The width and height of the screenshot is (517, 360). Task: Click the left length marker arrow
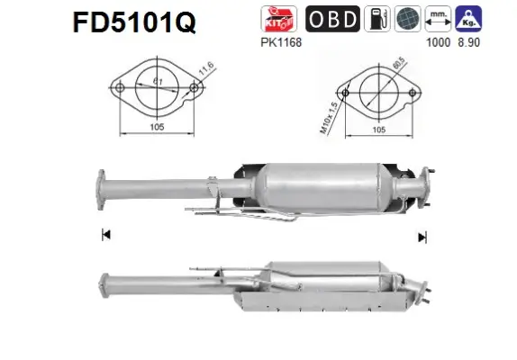coord(105,236)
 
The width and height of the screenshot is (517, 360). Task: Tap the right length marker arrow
coord(421,237)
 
